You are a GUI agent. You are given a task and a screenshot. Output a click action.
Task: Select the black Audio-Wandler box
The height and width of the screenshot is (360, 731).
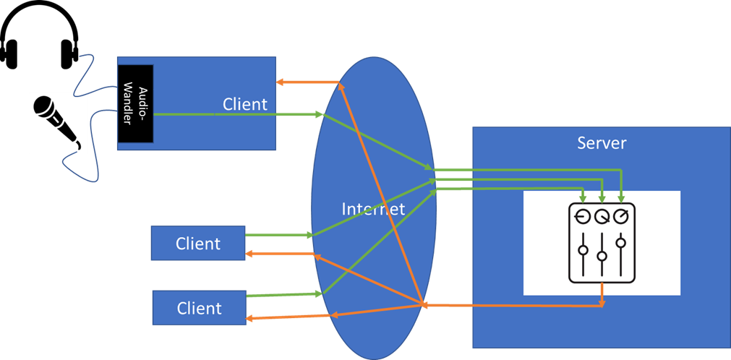tap(135, 103)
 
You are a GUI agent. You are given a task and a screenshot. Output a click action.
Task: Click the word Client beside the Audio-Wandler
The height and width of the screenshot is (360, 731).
tap(244, 104)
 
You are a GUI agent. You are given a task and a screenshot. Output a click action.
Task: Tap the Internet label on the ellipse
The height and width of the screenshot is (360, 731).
tap(373, 210)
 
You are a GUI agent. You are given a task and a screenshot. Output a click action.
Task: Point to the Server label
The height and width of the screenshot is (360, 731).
tap(602, 142)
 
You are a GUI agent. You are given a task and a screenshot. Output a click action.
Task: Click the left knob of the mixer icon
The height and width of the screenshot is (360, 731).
tap(583, 216)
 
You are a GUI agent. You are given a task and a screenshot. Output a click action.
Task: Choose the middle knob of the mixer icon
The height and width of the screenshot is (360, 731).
tap(602, 216)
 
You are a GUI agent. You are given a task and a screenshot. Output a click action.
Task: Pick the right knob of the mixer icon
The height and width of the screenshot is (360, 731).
tap(621, 216)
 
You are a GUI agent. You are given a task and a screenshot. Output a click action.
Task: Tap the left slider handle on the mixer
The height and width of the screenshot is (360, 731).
tap(583, 251)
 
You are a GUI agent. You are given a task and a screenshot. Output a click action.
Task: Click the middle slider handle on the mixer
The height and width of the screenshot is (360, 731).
tap(602, 256)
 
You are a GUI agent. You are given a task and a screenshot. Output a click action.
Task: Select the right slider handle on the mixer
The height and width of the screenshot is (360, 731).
tap(621, 242)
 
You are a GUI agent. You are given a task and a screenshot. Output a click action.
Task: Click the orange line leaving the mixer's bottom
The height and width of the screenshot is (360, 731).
tap(602, 293)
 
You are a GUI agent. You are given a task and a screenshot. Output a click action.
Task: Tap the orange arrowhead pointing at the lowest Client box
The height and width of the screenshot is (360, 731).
tap(250, 318)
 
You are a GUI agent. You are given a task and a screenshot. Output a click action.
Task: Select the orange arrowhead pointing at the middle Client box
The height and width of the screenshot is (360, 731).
tap(250, 253)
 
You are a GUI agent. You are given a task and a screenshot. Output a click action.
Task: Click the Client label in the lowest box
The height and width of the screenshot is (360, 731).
tap(200, 309)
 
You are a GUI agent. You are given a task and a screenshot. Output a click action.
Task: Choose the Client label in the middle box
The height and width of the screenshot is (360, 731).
tap(198, 244)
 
